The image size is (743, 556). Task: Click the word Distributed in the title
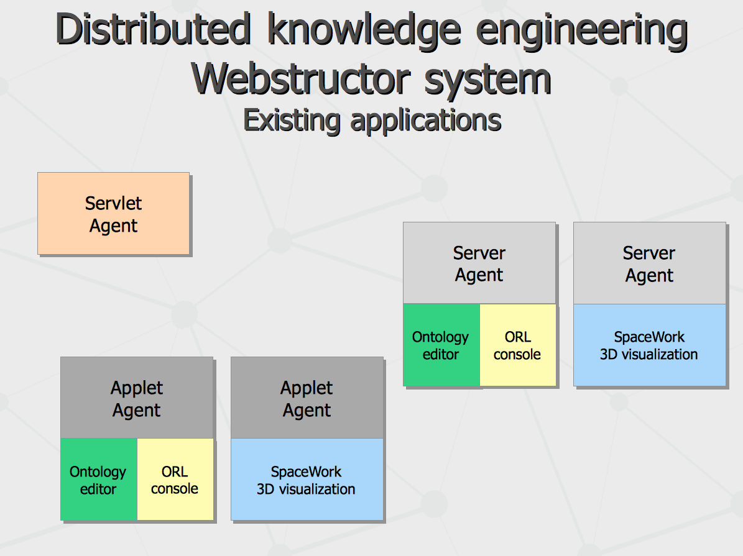[153, 29]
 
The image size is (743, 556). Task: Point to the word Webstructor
[301, 79]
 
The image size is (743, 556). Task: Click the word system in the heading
[487, 81]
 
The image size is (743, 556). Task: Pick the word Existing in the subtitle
[292, 121]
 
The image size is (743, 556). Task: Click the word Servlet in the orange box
[113, 203]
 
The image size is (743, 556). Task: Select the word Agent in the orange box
[113, 226]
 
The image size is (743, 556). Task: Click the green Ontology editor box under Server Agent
[441, 345]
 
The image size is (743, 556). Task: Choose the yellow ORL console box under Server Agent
[517, 345]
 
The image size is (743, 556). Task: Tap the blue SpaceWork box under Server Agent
[650, 345]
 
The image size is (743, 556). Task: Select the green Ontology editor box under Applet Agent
[99, 479]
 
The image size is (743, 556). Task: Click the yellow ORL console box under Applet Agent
[175, 479]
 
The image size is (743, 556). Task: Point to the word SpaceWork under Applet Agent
[306, 472]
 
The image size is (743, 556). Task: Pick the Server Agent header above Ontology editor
[479, 263]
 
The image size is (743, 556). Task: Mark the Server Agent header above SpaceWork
[650, 263]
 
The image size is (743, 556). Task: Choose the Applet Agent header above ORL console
[137, 398]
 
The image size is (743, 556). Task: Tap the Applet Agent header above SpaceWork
[307, 398]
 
